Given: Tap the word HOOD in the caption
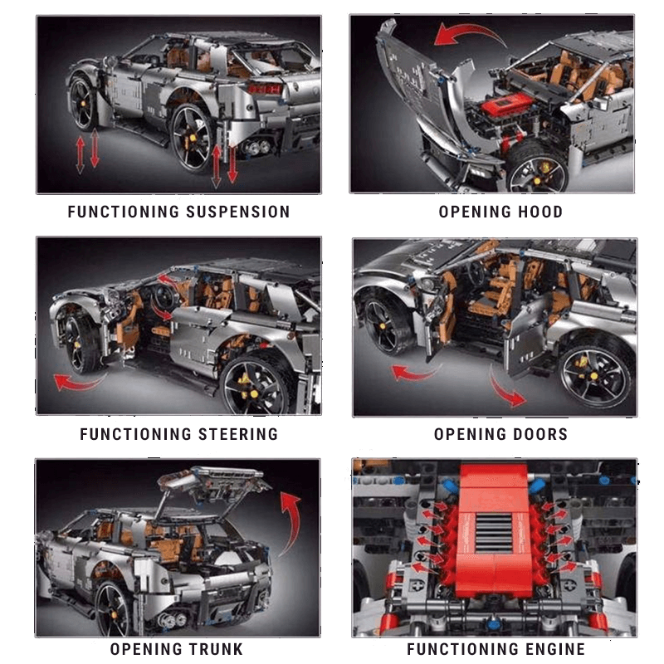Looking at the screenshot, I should click(x=539, y=212).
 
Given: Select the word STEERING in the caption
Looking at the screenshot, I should click(x=238, y=434).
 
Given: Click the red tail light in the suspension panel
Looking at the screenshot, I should click(x=264, y=89).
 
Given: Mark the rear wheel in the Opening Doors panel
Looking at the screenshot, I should click(x=596, y=373).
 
